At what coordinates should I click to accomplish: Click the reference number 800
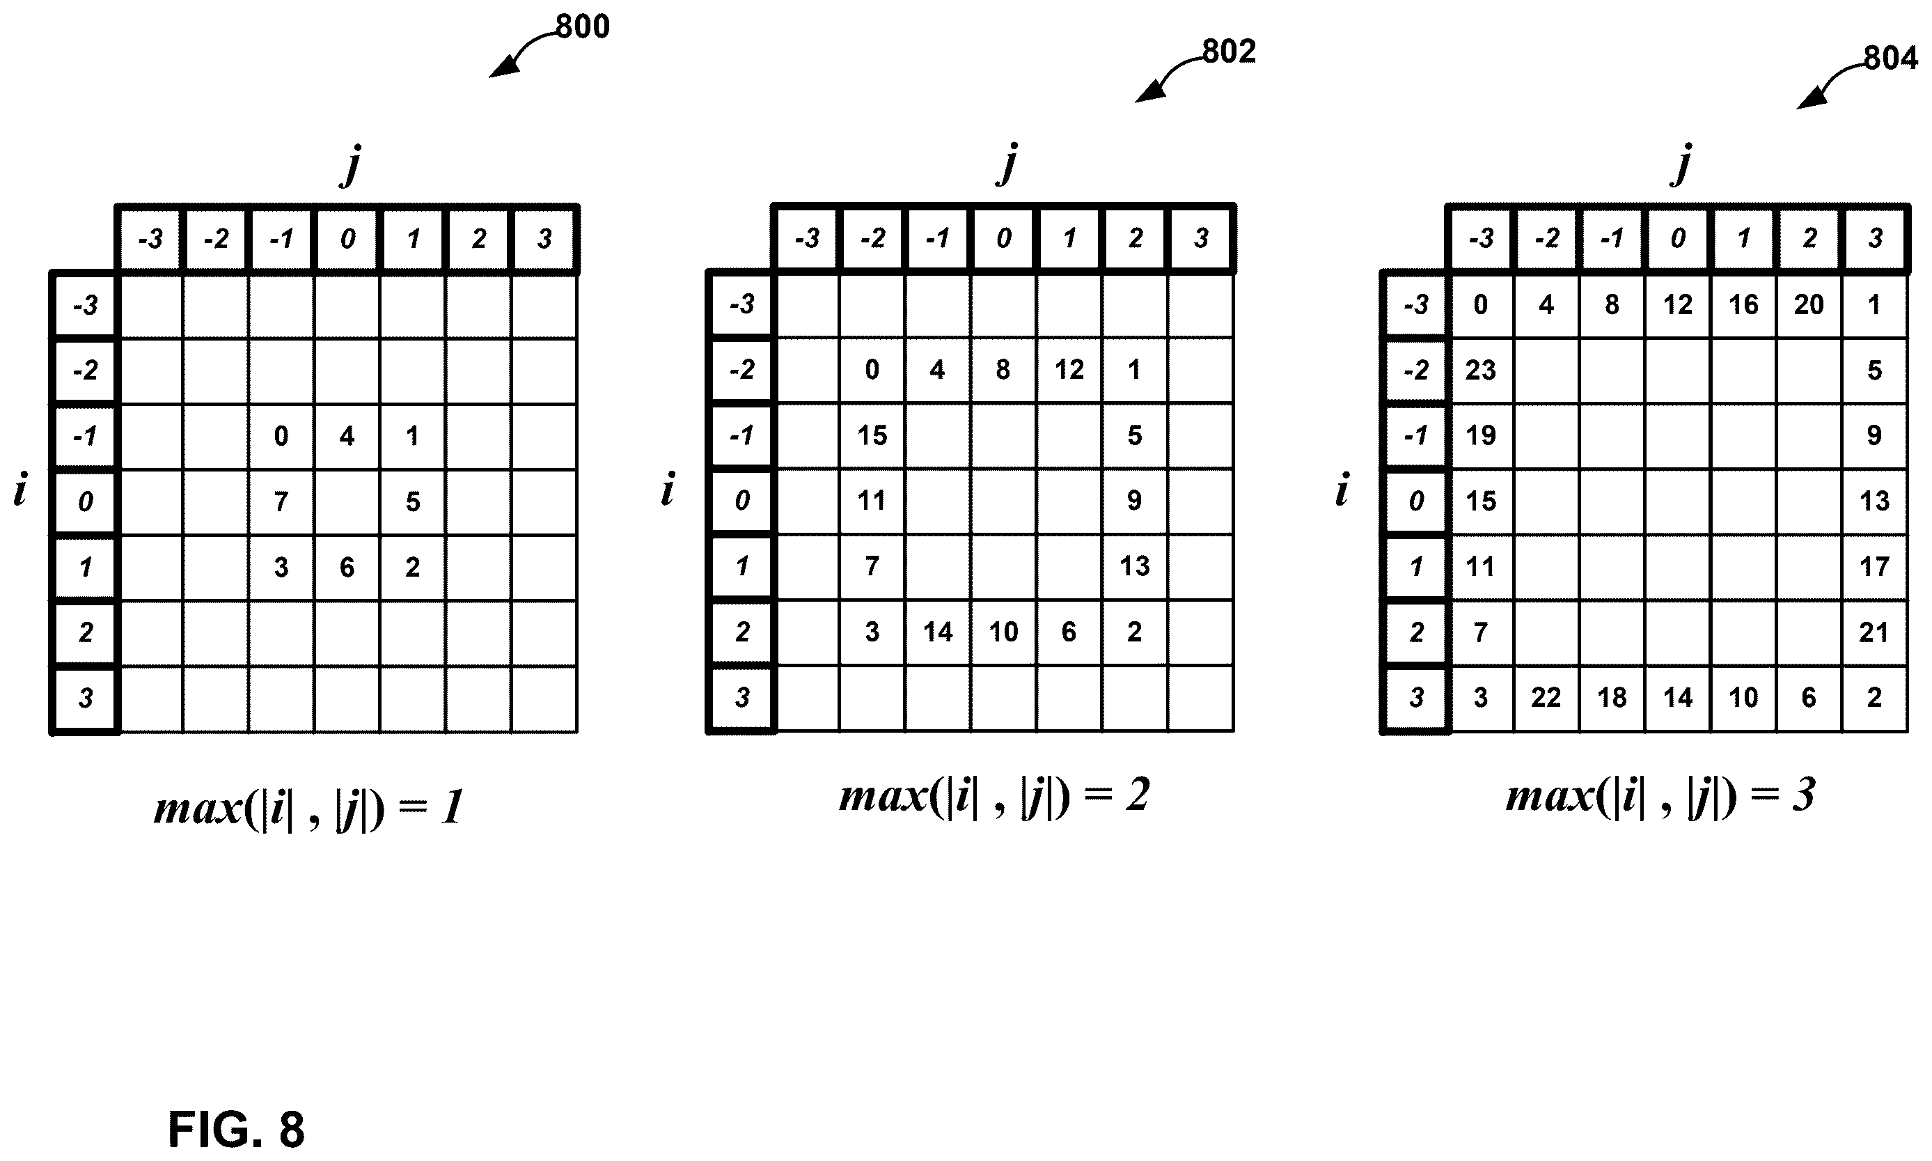click(582, 26)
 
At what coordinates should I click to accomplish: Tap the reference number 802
click(1228, 52)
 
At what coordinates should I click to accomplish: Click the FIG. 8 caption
click(236, 1129)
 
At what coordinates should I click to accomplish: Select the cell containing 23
click(1481, 370)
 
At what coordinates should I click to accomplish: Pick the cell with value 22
click(1546, 698)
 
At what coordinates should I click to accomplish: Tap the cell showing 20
click(1809, 304)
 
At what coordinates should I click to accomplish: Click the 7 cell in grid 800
click(281, 501)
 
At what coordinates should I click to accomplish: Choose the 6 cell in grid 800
click(347, 567)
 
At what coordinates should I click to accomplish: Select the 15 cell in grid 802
click(872, 436)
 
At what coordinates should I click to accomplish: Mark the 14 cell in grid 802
click(938, 632)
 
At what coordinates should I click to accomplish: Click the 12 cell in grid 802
click(1069, 370)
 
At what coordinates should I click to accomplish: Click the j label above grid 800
click(352, 165)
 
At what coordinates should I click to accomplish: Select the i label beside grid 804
click(1342, 490)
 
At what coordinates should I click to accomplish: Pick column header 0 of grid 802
click(1004, 237)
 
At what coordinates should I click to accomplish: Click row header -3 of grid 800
click(84, 304)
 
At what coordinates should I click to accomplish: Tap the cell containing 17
click(1875, 567)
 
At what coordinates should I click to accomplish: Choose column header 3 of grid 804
click(1875, 237)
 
